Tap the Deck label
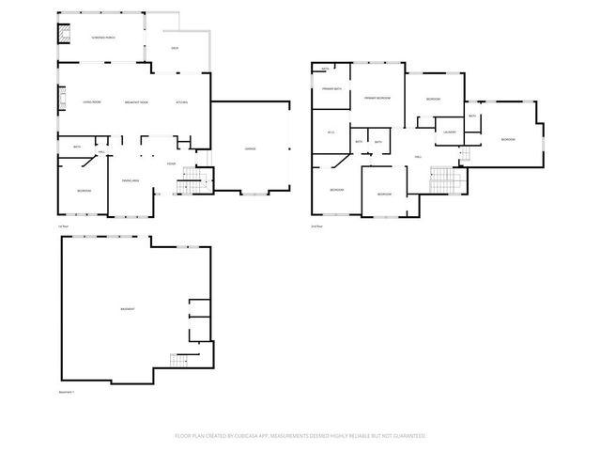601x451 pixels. pos(175,47)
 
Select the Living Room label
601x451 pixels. pos(91,101)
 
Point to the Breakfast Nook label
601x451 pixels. pos(136,101)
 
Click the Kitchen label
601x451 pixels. pos(182,101)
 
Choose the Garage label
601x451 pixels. pos(251,148)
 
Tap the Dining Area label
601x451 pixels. pos(131,180)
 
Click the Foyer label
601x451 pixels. pos(171,163)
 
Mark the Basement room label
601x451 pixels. pos(126,309)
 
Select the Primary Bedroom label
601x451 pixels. pos(378,98)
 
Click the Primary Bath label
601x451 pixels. pos(331,87)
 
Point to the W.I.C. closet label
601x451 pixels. pos(331,132)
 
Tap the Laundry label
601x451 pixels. pos(450,132)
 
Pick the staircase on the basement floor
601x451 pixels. pos(179,360)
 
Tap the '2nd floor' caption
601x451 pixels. pos(316,226)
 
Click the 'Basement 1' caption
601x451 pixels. pos(67,392)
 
